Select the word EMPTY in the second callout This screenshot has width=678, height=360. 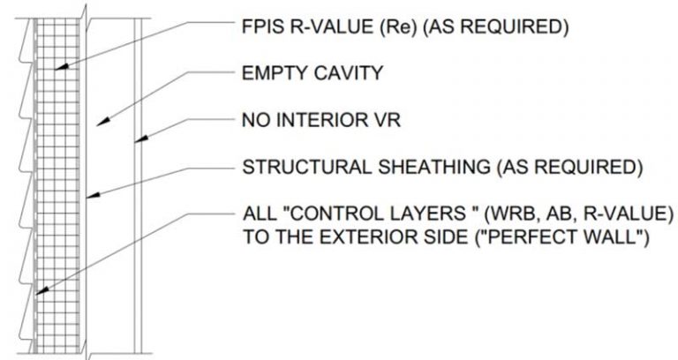pos(275,73)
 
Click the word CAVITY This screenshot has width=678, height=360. pos(348,73)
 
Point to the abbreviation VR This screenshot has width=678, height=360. pos(388,120)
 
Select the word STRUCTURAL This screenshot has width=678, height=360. pos(306,167)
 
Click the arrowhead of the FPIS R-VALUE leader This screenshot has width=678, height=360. pos(62,67)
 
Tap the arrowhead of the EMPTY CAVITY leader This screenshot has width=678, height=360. pos(102,123)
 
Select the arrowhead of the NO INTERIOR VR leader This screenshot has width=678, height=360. pos(141,139)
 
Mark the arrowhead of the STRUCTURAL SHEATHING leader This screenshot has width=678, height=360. pos(93,196)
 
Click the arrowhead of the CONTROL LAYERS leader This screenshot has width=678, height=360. pos(42,291)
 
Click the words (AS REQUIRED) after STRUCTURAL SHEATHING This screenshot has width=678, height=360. pos(570,167)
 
